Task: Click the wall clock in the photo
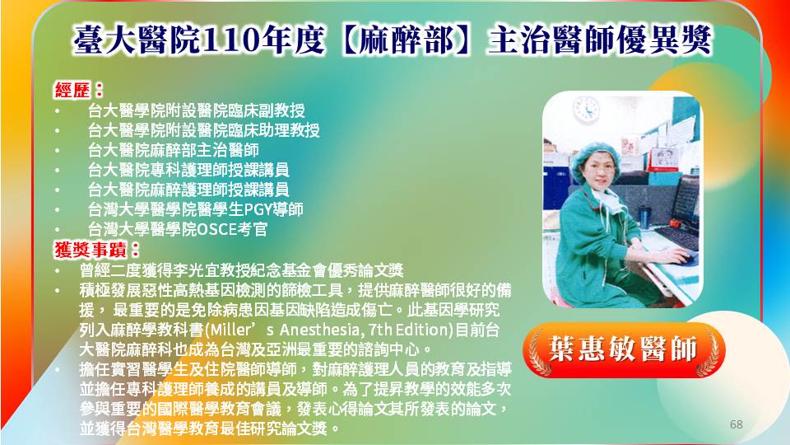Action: point(587,109)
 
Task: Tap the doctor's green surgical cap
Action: point(594,157)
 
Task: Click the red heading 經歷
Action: point(72,91)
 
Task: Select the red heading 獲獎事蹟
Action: point(91,249)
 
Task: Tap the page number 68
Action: point(736,424)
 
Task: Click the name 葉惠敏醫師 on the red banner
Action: point(623,349)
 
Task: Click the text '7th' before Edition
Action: point(380,330)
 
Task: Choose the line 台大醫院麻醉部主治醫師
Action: point(174,150)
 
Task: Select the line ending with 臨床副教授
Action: point(196,110)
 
